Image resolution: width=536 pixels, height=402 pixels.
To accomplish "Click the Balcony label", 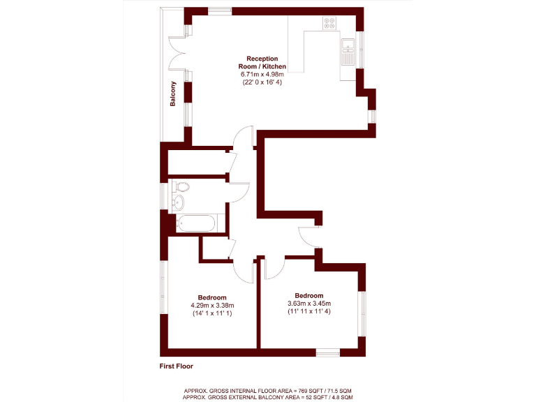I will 172,94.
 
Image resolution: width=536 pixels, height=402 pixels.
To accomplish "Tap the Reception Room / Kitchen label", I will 262,62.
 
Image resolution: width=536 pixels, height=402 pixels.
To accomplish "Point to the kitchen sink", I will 348,49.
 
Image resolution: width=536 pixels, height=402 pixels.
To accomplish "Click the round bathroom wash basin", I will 178,202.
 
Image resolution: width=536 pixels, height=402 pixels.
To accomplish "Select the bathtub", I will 196,224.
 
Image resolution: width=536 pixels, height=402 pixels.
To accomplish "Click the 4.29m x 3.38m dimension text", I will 212,306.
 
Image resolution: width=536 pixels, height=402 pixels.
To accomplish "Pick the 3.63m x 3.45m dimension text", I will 309,304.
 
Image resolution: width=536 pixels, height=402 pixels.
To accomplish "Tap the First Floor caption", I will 176,366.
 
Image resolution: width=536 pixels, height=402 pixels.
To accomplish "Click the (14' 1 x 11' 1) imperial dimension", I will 212,314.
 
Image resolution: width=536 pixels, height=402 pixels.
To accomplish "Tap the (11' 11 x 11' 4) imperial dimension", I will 309,312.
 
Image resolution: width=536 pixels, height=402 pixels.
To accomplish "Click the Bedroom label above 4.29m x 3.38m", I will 212,297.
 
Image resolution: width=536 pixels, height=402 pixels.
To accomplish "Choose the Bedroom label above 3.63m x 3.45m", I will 309,295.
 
